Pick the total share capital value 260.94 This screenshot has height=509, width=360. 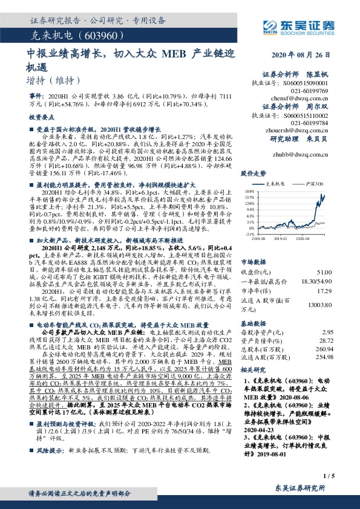coord(326,349)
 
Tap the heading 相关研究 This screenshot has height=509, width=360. coord(254,369)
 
